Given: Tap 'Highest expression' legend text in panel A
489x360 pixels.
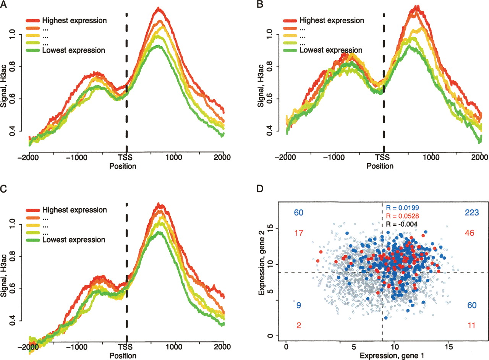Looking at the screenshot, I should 74,20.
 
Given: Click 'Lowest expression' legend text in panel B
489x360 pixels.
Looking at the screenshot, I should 331,50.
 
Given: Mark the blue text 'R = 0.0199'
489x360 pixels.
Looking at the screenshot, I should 402,208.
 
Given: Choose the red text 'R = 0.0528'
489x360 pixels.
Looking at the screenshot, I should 402,216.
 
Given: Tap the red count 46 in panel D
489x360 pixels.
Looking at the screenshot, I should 470,232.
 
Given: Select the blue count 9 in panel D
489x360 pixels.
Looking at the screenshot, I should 298,305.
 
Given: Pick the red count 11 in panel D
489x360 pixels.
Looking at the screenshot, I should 471,325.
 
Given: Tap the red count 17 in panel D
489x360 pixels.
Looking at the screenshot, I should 298,232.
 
